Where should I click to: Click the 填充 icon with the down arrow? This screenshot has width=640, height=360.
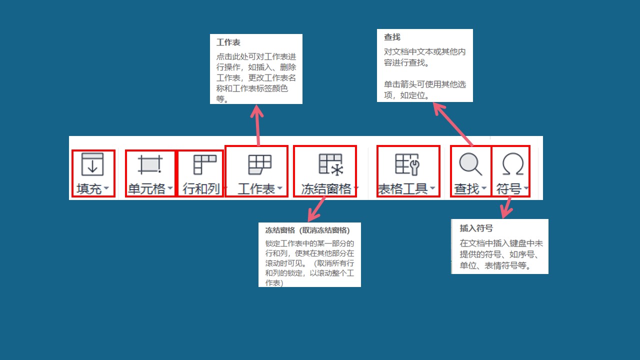(92, 164)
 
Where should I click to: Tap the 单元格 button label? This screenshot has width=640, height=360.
(146, 189)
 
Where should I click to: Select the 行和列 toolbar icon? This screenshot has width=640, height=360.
(205, 164)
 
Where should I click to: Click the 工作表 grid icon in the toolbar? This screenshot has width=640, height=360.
(259, 164)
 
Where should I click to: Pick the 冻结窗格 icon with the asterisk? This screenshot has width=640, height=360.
(330, 164)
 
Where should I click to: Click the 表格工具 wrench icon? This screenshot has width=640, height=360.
(407, 164)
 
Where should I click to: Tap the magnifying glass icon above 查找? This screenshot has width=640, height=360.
(470, 164)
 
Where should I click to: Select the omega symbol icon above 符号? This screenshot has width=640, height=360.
(513, 164)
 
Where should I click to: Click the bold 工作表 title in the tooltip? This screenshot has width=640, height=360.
(228, 42)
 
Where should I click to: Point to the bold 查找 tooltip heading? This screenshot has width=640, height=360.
(392, 37)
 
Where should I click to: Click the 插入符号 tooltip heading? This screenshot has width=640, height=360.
(476, 228)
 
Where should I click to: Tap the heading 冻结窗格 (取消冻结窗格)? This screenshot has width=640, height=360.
(307, 230)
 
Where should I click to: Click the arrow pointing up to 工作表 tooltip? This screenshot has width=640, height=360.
(257, 125)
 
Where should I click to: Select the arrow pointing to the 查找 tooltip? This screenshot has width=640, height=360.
(453, 124)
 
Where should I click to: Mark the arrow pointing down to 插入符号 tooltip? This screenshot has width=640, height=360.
(507, 207)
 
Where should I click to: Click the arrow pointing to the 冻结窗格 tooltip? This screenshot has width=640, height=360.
(317, 209)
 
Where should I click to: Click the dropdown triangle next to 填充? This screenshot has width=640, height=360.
(106, 187)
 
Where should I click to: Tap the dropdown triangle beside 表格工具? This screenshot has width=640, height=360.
(432, 187)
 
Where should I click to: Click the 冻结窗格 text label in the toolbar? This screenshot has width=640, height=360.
(326, 189)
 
